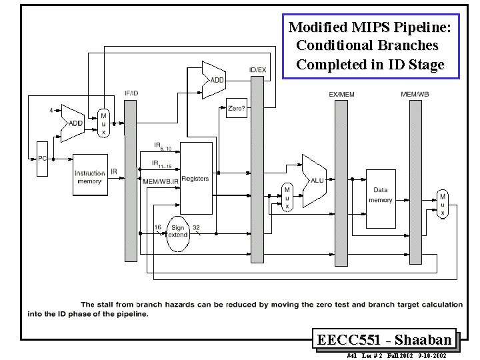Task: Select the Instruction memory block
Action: click(90, 176)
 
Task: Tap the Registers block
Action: click(195, 179)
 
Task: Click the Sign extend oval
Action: click(178, 233)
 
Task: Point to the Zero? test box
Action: click(237, 109)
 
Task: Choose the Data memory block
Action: click(381, 195)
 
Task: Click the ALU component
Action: click(315, 180)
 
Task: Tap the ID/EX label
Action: click(257, 69)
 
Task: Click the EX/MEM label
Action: click(341, 94)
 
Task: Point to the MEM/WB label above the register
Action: click(414, 94)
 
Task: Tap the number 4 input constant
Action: click(51, 110)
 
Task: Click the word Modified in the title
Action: click(317, 28)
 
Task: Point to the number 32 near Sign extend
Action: click(197, 228)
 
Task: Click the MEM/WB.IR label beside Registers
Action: click(161, 181)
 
